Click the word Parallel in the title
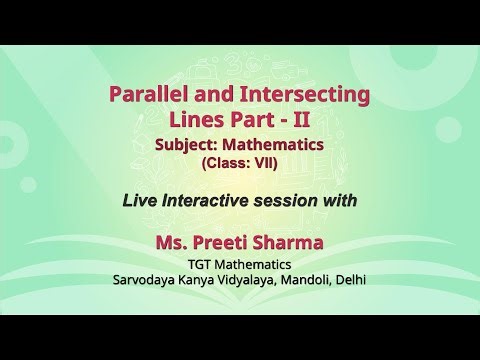151,98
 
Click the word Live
138,200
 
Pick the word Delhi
372,280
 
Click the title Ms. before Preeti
171,242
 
